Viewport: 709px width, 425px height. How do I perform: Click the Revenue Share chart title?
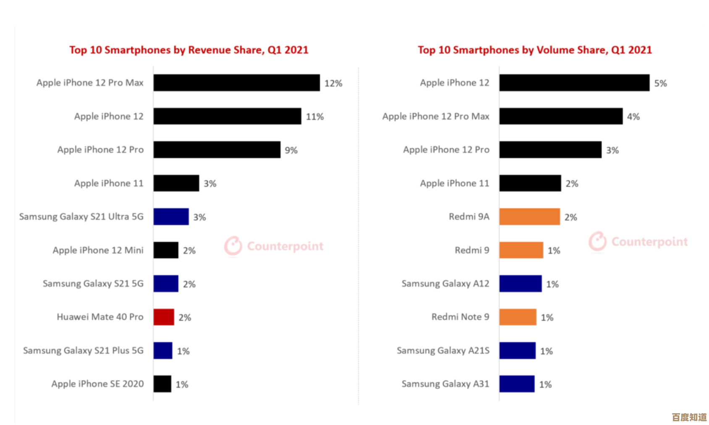[189, 50]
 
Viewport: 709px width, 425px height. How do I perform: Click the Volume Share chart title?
[535, 50]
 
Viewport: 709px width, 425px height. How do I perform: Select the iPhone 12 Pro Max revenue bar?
[236, 83]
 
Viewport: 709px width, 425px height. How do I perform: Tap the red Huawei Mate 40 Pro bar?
[164, 317]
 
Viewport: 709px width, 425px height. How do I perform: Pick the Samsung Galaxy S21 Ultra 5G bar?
[171, 216]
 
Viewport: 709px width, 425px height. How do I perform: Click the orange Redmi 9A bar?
[529, 216]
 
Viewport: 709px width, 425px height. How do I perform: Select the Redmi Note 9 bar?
[518, 317]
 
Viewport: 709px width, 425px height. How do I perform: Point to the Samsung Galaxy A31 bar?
[517, 384]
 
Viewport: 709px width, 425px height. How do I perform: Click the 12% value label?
[333, 83]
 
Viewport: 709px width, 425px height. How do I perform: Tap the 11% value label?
[315, 117]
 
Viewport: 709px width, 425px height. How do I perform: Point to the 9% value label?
[291, 150]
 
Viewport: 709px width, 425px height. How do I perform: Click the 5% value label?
[660, 83]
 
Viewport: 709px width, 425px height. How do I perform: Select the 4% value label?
[633, 117]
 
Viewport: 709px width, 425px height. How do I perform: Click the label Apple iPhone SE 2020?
[97, 384]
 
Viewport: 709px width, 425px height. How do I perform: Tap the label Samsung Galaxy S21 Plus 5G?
[83, 350]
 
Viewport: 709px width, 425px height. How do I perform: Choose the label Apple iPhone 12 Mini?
[98, 250]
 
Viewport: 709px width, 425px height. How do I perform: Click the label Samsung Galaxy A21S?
[443, 350]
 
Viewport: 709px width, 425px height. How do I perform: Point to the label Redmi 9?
[472, 250]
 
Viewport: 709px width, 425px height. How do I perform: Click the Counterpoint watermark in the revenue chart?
[274, 246]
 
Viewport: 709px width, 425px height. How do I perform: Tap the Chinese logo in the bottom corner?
[689, 417]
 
